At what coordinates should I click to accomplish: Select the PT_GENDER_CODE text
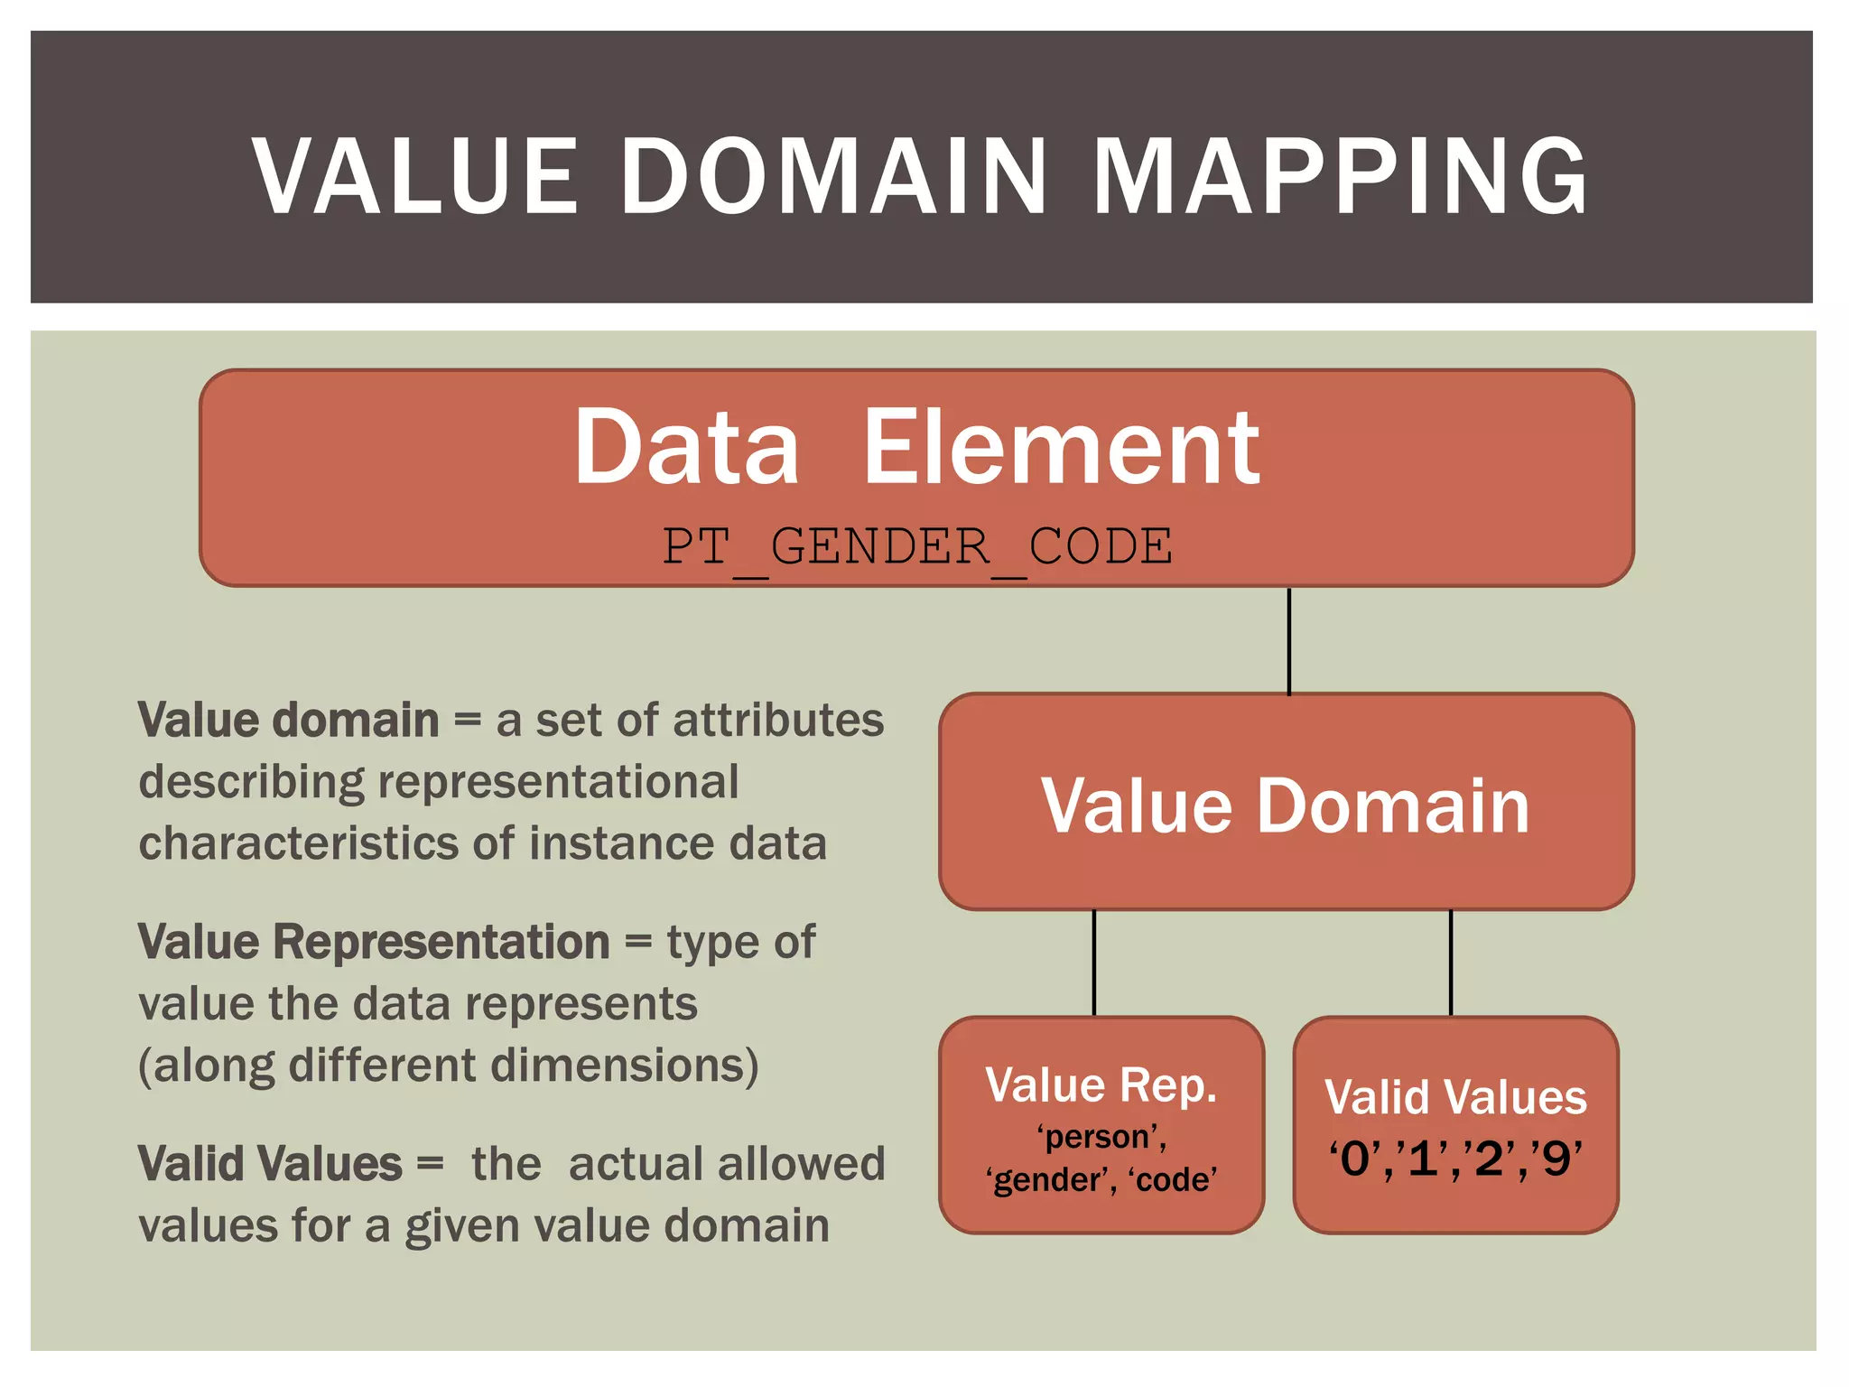[917, 547]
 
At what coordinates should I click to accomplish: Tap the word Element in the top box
[1061, 447]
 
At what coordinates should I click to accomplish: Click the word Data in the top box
[686, 447]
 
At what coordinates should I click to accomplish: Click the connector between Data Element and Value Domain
[1288, 640]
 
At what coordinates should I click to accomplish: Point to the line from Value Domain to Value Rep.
[1094, 963]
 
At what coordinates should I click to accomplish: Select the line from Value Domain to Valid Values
[1451, 963]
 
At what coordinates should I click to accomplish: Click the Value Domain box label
[1286, 805]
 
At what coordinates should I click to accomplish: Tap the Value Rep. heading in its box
[1101, 1085]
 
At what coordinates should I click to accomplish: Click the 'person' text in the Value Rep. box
[1101, 1137]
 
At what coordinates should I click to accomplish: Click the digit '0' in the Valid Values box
[1354, 1159]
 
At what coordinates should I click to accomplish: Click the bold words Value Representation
[374, 943]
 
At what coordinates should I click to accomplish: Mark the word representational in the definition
[558, 782]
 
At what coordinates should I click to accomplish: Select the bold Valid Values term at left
[270, 1164]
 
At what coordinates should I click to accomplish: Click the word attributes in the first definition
[778, 721]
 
